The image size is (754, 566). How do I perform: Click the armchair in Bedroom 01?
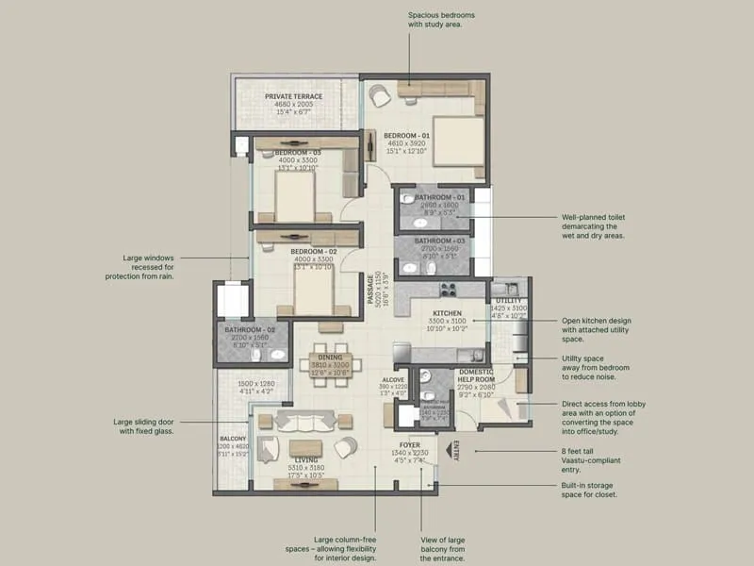[379, 95]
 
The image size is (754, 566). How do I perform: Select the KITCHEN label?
[446, 312]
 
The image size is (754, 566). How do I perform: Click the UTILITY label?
[508, 300]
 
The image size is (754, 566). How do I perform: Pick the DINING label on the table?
[330, 358]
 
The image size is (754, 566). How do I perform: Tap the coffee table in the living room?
[303, 446]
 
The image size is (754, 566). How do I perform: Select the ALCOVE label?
[394, 379]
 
